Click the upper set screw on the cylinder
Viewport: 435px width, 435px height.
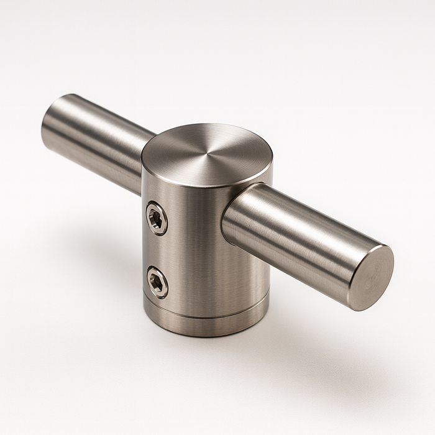[157, 218]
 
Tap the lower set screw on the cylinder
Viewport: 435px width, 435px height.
[157, 282]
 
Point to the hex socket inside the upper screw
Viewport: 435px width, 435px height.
[157, 218]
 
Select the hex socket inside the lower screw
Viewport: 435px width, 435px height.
[157, 283]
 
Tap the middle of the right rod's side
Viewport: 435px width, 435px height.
[298, 242]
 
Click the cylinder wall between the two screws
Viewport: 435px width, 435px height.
[157, 250]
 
